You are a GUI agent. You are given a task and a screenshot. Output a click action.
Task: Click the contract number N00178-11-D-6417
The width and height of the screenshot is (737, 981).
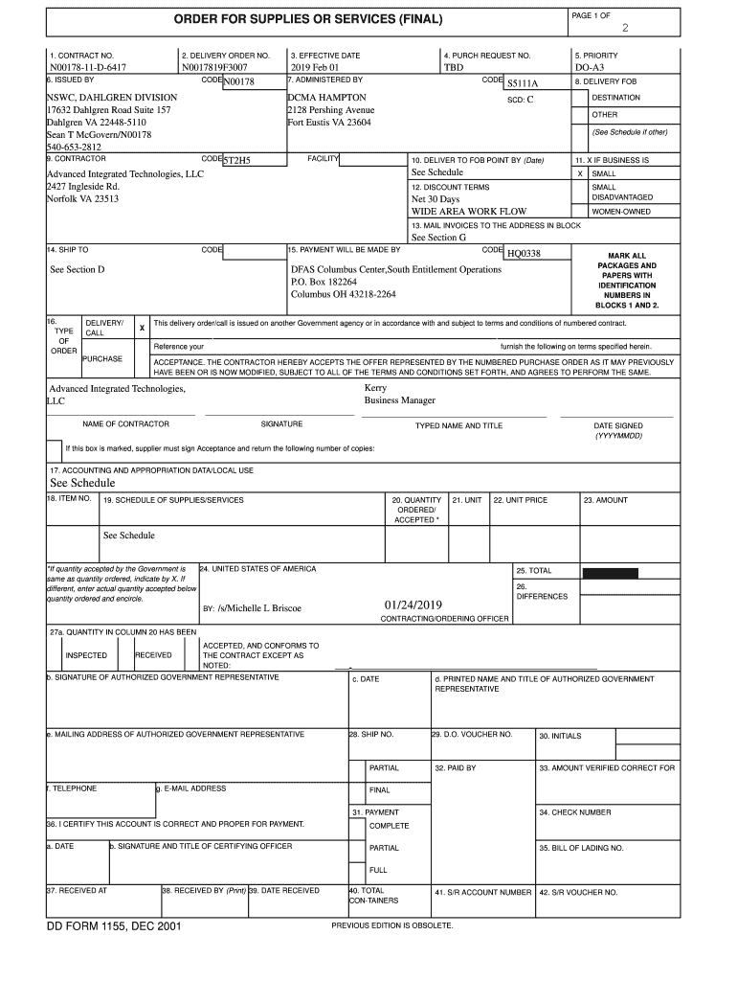[88, 69]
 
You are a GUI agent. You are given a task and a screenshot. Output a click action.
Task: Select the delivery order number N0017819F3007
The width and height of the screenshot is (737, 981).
[214, 69]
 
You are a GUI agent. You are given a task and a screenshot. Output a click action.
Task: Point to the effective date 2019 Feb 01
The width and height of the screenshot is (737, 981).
[315, 69]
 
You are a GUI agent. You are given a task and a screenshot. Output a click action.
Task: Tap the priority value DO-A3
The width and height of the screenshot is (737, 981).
[590, 69]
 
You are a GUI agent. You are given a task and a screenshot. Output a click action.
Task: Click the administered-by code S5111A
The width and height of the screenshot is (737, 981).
[523, 84]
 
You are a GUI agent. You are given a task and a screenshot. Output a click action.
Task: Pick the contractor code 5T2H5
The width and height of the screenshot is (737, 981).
[236, 161]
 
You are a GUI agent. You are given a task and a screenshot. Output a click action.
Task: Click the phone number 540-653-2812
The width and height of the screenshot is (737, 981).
[74, 148]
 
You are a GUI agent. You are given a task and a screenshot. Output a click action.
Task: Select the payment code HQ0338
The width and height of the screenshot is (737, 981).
[524, 253]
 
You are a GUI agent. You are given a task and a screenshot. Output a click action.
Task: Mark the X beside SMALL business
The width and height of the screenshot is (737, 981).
[579, 174]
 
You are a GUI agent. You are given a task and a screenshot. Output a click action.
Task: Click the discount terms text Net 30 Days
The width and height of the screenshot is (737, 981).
[435, 199]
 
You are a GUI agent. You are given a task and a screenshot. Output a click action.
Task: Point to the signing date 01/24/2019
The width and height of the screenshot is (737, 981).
[413, 606]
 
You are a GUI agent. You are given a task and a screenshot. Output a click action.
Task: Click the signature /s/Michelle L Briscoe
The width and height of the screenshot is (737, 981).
[259, 608]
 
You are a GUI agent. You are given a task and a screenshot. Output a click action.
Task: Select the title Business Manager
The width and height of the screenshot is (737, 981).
[399, 400]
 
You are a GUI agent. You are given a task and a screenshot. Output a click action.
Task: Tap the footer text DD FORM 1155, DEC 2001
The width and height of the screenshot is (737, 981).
[114, 926]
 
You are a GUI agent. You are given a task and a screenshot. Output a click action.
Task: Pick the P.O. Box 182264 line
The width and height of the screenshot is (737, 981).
[324, 283]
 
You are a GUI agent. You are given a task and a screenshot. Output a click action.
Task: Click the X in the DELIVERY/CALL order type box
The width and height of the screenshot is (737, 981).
[142, 328]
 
